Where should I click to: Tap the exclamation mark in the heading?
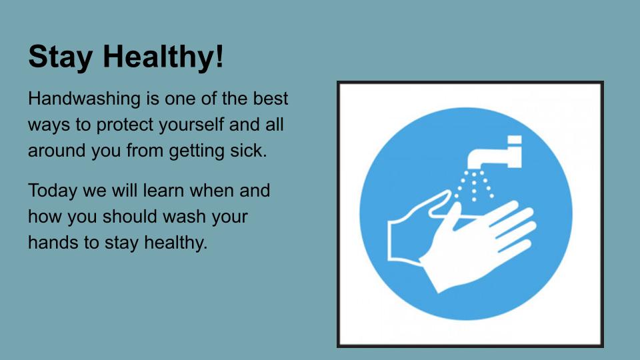219,55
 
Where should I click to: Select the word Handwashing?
84,99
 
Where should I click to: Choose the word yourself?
191,125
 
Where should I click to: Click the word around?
57,150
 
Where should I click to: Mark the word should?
130,216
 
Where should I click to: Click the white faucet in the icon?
495,153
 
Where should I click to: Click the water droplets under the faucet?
474,185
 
